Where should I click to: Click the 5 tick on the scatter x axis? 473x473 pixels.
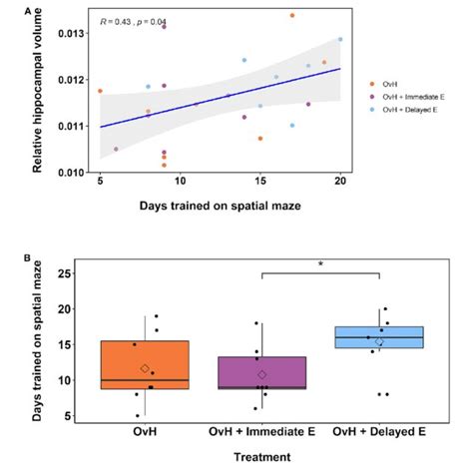click(100, 182)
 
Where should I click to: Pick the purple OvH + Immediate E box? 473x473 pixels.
click(261, 372)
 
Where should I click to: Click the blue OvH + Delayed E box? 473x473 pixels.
click(378, 337)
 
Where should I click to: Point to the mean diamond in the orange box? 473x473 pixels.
click(145, 369)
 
